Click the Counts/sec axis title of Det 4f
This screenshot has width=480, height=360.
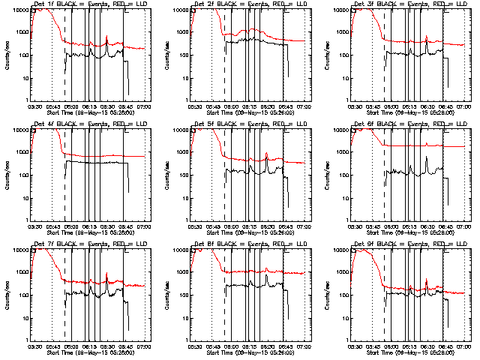[8, 175]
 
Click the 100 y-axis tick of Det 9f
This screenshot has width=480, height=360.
[343, 295]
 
